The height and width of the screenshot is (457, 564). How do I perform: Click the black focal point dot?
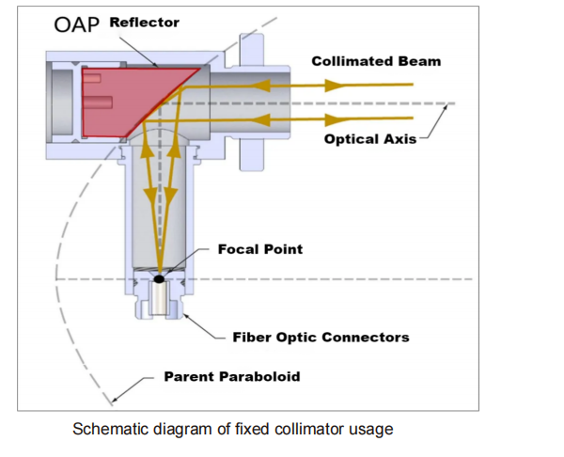[159, 279]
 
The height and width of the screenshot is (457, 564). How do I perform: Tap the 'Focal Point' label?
[260, 249]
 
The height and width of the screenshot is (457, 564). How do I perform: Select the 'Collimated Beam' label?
[376, 61]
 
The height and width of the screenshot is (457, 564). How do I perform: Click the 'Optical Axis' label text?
[370, 139]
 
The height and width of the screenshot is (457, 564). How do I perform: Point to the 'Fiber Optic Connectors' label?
[321, 338]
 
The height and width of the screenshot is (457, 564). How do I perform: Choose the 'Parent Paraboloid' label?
[232, 376]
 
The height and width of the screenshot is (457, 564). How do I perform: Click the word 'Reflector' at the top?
[144, 23]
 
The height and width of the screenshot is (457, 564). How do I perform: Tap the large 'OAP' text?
[77, 24]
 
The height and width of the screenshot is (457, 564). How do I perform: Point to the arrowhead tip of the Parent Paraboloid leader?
[113, 401]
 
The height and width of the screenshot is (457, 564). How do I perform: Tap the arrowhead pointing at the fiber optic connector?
[184, 314]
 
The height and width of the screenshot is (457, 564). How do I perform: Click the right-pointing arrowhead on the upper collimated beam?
[335, 86]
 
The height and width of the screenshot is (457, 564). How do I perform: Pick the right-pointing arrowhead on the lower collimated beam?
[335, 119]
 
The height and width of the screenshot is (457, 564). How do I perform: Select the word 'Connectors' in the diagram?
[366, 338]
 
